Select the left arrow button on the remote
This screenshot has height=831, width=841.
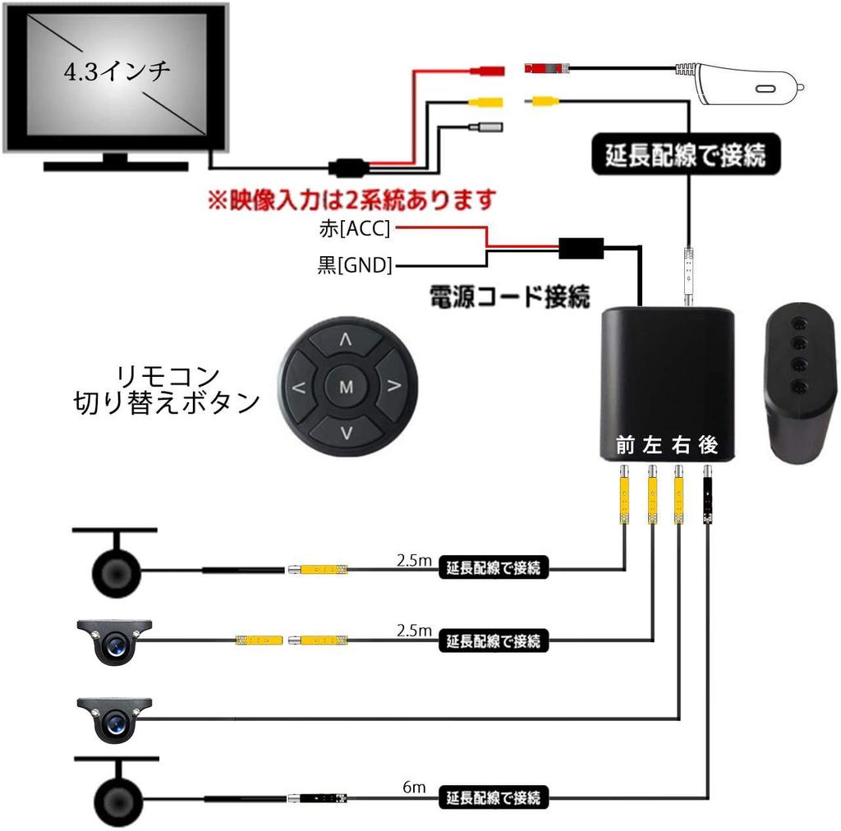298,386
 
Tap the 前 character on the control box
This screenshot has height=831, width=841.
627,445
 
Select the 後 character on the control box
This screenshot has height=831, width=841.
708,445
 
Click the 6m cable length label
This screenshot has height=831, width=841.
415,787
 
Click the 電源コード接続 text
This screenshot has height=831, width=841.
509,296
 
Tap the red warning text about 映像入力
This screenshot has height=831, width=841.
353,200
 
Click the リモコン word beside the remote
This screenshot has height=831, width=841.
168,376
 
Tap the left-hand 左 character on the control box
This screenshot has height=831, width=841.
653,445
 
